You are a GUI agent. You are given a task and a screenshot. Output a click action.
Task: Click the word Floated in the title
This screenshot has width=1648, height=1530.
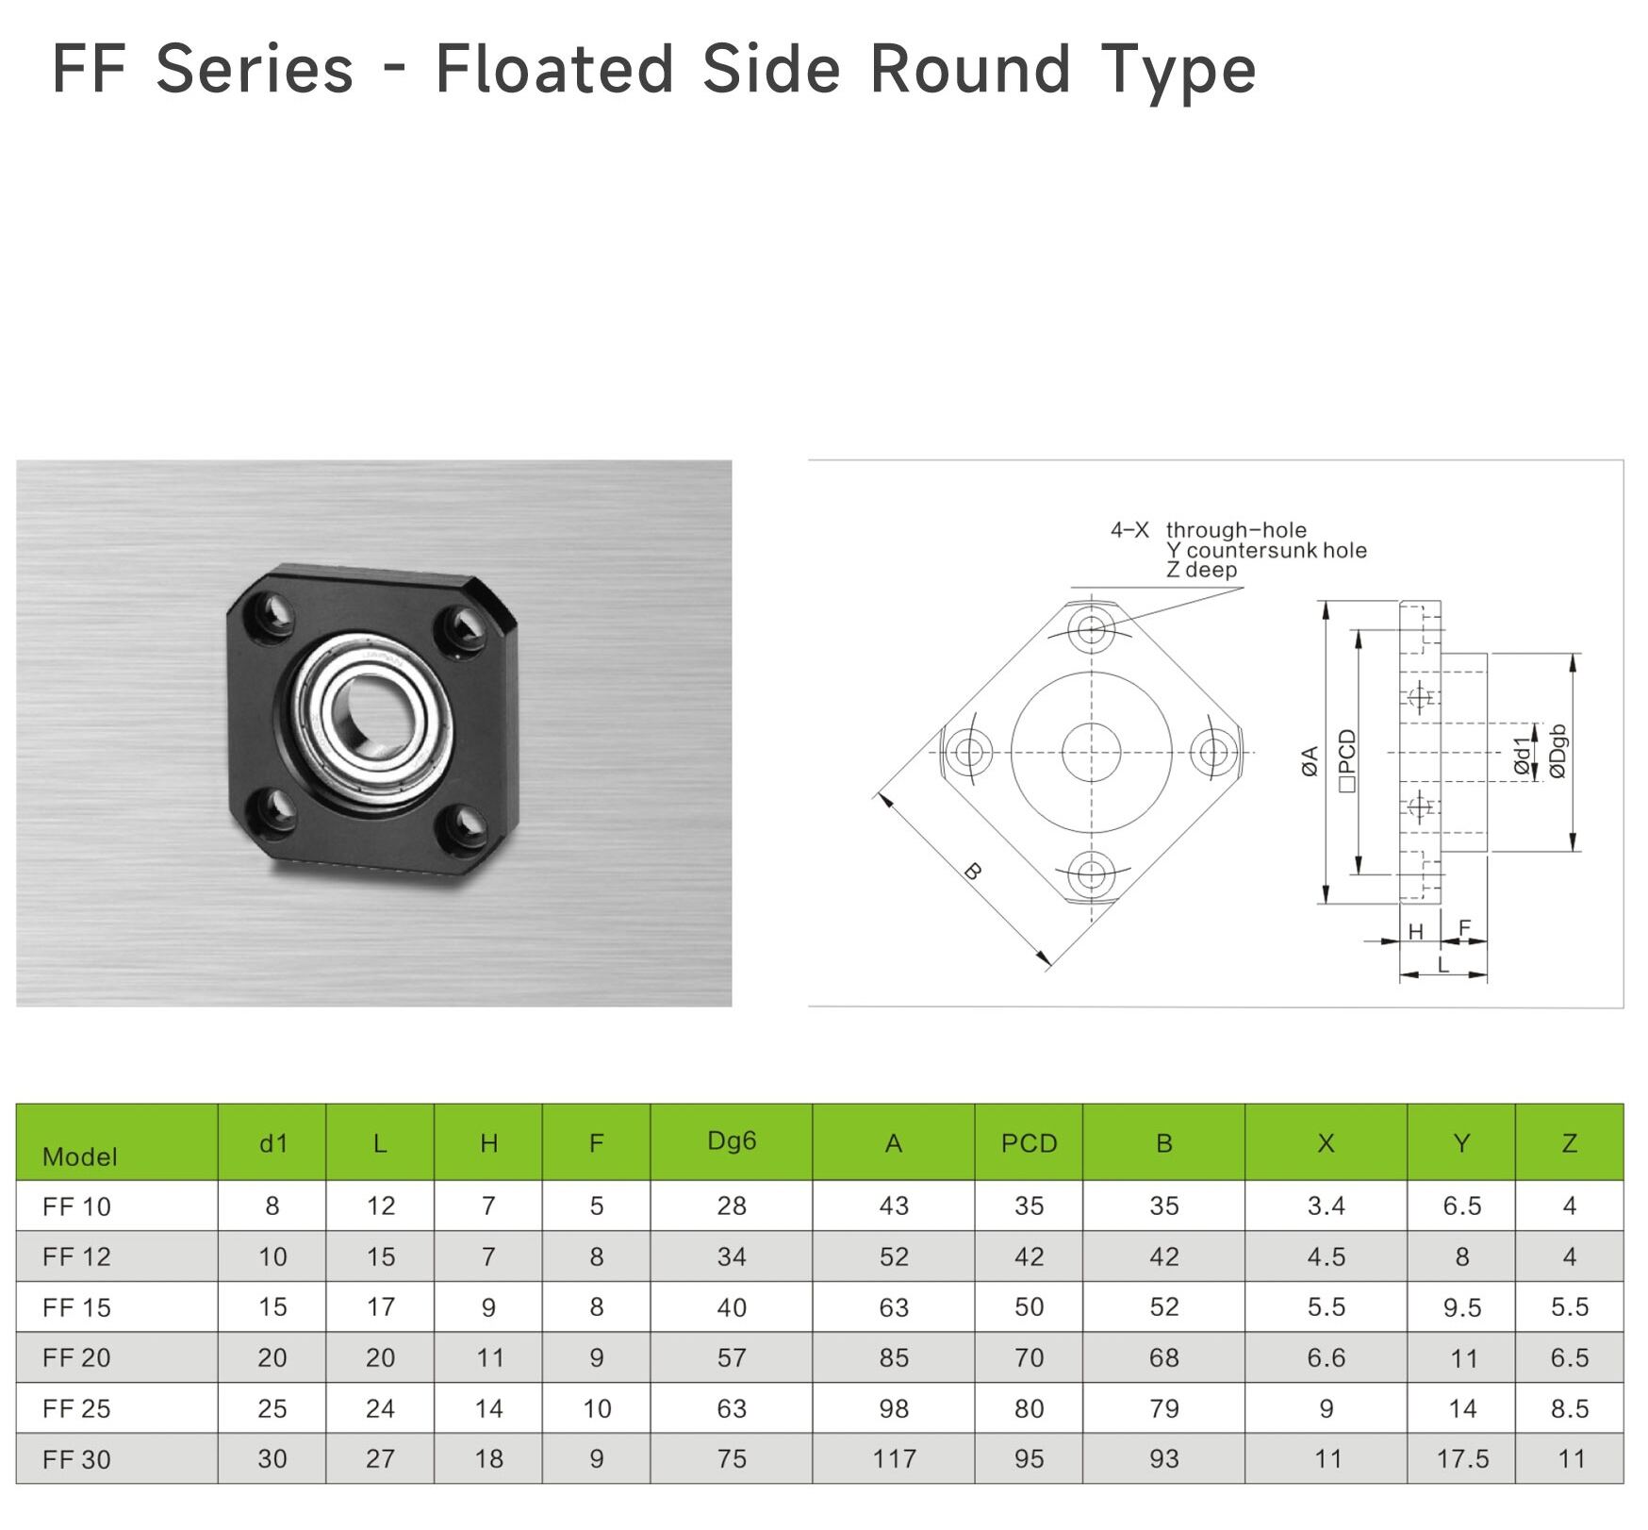click(x=554, y=69)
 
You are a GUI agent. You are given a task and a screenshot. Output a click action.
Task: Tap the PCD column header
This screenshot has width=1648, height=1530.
click(x=1029, y=1143)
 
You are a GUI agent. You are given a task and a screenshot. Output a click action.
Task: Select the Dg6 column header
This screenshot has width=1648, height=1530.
click(x=732, y=1141)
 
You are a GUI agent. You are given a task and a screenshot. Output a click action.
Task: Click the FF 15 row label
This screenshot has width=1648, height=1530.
click(x=76, y=1307)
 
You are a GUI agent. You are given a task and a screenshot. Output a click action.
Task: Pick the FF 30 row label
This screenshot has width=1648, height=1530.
click(x=76, y=1459)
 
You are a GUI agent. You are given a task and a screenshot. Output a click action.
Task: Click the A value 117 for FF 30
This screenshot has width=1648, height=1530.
click(x=894, y=1459)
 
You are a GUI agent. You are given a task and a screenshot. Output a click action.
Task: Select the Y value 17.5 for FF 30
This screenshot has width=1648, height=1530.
click(x=1462, y=1459)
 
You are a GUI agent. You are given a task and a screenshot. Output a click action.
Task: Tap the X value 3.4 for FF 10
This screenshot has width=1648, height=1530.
click(x=1326, y=1206)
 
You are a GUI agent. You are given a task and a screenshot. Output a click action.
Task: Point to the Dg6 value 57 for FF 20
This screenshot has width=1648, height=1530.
click(x=732, y=1357)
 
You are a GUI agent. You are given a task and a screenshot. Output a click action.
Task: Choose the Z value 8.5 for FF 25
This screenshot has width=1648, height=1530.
click(x=1570, y=1408)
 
